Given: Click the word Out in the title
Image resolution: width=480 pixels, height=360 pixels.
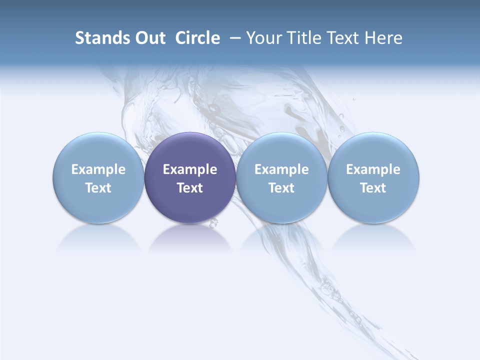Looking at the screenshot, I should click(x=149, y=38).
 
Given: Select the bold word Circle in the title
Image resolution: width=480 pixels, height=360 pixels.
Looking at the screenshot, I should click(x=197, y=38).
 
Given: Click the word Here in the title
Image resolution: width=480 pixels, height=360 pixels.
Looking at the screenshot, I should click(x=383, y=38).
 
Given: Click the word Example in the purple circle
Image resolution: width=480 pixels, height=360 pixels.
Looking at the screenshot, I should click(x=190, y=169).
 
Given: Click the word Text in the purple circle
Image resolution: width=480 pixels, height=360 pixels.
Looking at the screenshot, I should click(x=190, y=188).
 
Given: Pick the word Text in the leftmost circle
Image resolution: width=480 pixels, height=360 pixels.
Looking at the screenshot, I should click(x=98, y=188).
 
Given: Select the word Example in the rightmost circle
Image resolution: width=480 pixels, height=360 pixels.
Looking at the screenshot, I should click(x=373, y=169).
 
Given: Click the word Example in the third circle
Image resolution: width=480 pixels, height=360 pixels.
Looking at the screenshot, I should click(x=281, y=169).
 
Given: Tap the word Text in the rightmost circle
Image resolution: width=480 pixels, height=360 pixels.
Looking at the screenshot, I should click(x=373, y=188).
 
